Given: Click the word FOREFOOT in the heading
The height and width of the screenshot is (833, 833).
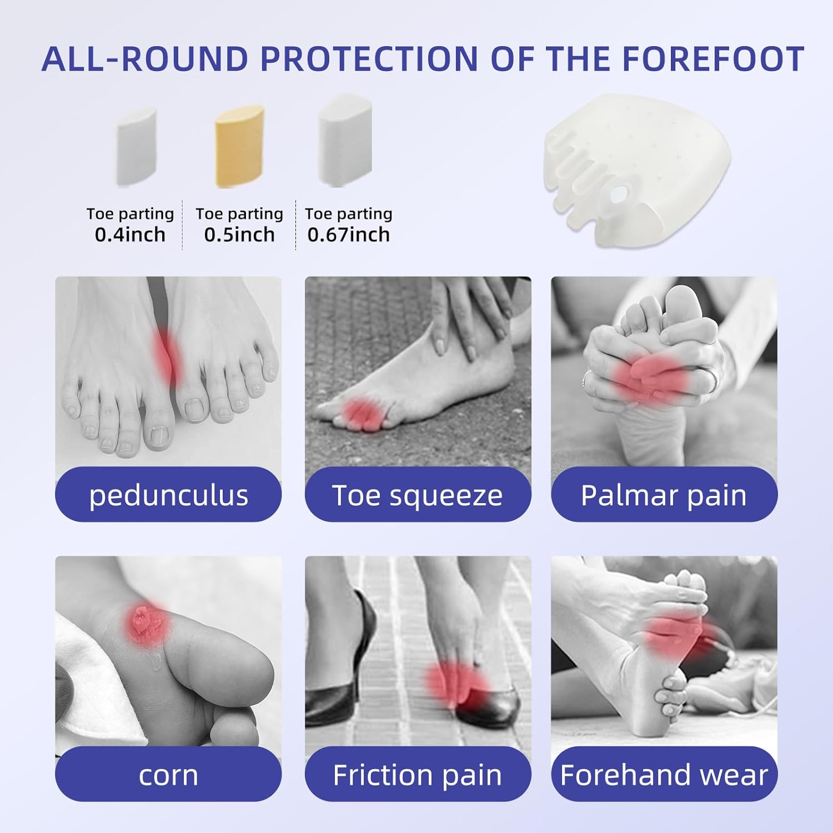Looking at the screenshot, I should click(712, 59).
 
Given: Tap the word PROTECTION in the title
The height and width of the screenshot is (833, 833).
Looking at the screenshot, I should click(369, 59).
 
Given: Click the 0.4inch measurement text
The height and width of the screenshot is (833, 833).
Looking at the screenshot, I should click(130, 235).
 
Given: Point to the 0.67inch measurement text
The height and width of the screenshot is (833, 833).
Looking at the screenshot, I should click(348, 235).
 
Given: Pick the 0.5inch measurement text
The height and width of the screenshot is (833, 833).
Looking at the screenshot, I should click(239, 235).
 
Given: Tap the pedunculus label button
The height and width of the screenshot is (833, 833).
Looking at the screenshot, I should click(168, 495).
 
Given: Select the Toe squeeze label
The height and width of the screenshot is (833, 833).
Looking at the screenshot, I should click(418, 495).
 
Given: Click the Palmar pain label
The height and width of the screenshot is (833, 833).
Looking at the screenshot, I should click(664, 495).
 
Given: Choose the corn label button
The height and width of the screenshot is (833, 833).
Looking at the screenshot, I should click(168, 774).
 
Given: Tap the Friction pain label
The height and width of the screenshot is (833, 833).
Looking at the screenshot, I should click(418, 774).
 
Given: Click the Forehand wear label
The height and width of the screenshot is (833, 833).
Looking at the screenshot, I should click(664, 774).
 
